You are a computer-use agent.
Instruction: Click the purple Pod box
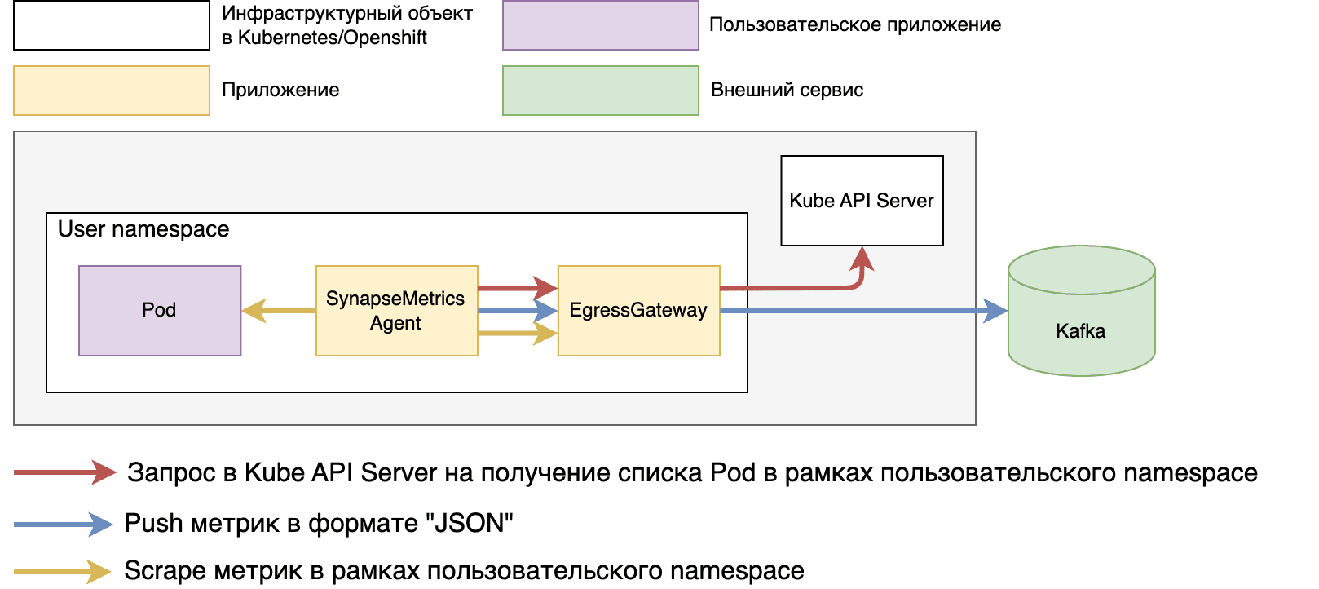160,311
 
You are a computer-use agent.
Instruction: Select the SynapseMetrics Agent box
396,311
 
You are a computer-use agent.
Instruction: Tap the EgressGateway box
638,311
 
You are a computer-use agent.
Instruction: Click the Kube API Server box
862,201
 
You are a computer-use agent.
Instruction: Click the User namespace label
143,229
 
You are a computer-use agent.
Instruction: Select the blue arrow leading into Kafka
864,311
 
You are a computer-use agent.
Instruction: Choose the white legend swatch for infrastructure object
112,25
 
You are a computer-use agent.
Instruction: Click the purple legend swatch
601,25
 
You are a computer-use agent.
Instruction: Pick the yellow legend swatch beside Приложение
112,91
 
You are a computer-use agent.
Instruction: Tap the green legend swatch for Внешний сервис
601,91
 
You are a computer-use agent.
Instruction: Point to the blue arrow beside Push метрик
64,524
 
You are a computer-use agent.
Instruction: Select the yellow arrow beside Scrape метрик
63,571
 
